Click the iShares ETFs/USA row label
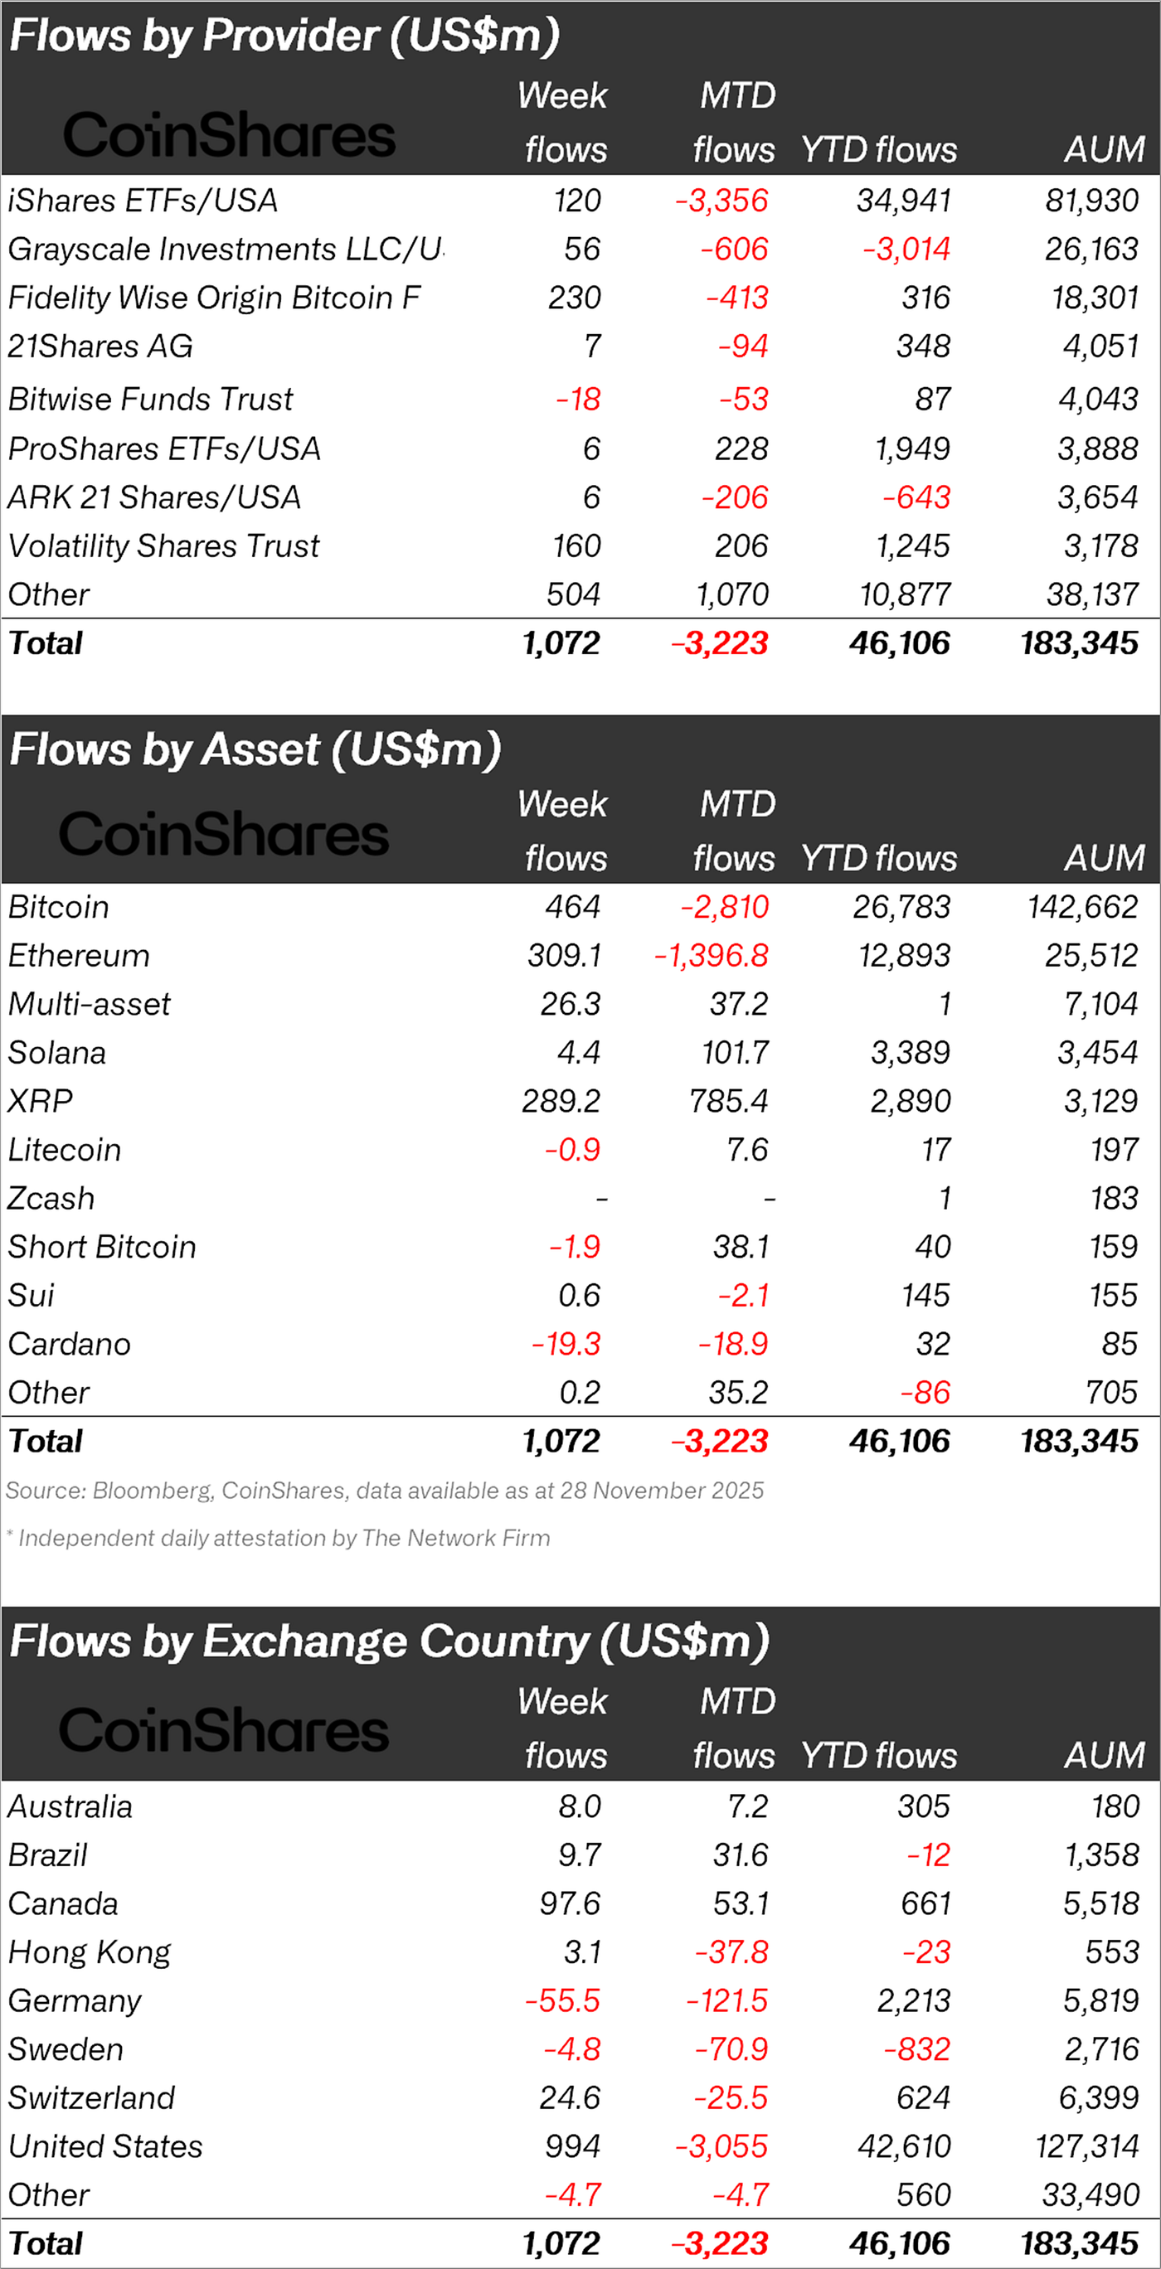point(143,201)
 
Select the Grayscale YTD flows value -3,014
point(906,250)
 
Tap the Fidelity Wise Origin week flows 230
point(575,298)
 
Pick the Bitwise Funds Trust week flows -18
point(579,400)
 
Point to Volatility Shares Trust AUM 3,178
point(1100,546)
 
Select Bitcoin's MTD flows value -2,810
point(724,907)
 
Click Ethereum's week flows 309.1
point(564,956)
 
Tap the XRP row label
point(41,1101)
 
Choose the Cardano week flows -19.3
point(566,1344)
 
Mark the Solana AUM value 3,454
point(1098,1053)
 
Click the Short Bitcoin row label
point(102,1247)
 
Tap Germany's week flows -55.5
point(563,2000)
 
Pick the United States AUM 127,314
point(1087,2146)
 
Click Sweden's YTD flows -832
point(917,2048)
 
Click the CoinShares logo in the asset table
point(224,834)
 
